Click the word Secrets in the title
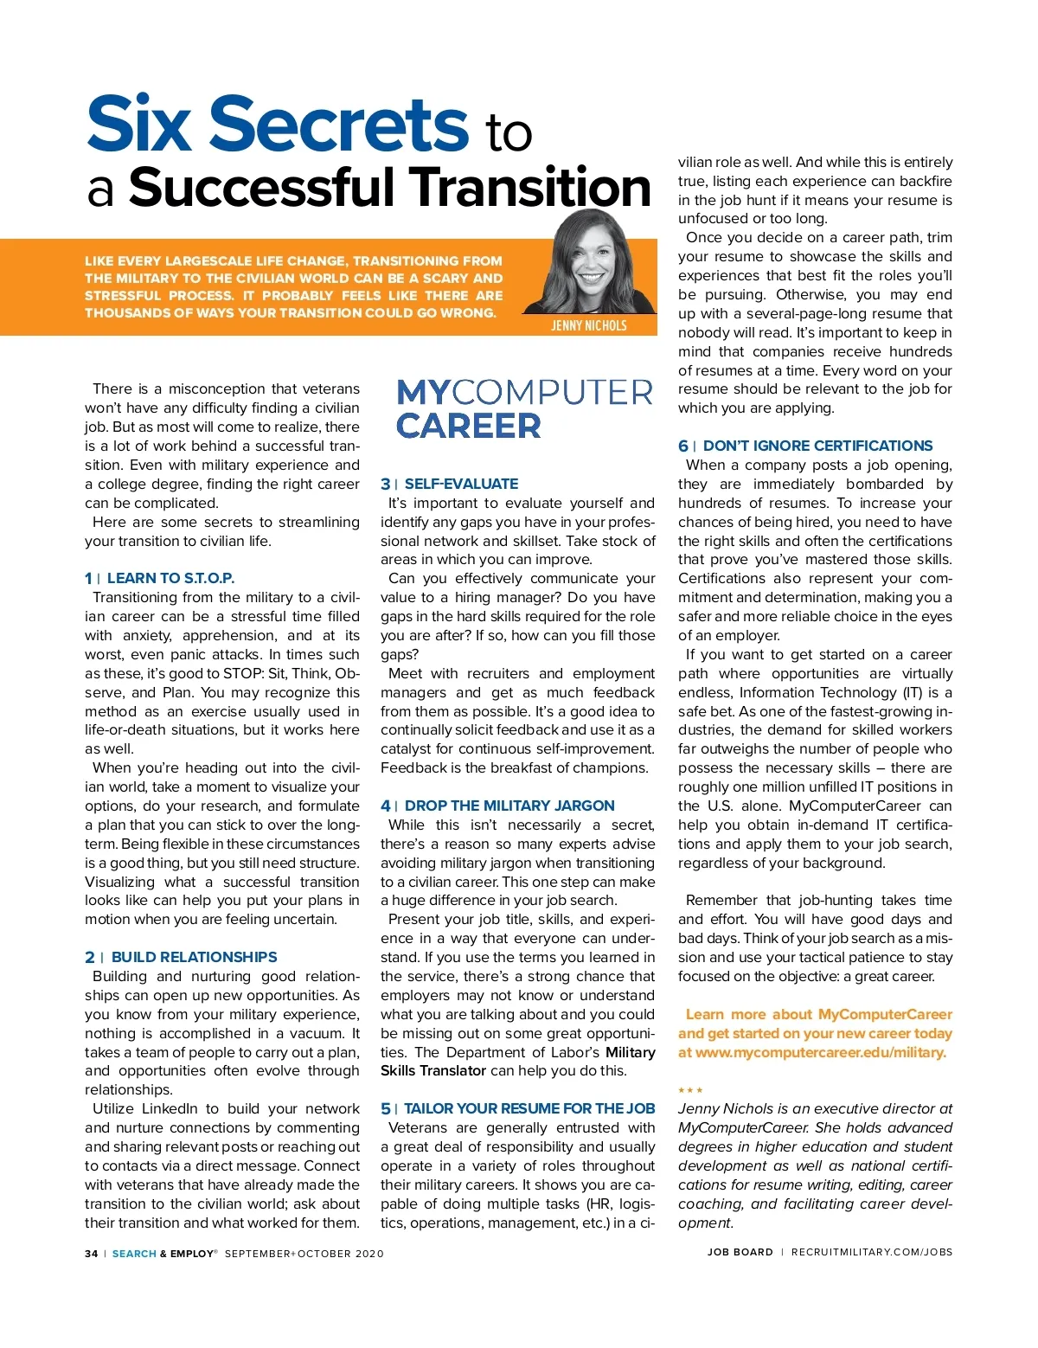[x=338, y=125]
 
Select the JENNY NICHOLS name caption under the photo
[x=589, y=325]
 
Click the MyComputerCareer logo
[x=524, y=408]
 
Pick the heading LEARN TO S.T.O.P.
[x=170, y=578]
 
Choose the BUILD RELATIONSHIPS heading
[x=194, y=957]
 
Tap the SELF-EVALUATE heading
[x=461, y=484]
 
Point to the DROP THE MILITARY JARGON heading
[x=509, y=806]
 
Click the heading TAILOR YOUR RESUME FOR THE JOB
[x=529, y=1108]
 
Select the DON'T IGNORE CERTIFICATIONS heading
[x=817, y=446]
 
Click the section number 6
[x=683, y=446]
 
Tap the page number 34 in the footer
[x=92, y=1254]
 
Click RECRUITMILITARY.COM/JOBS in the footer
[x=871, y=1252]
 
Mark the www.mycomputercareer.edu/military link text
[x=820, y=1052]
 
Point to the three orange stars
[x=690, y=1090]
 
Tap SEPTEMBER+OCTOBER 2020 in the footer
[x=304, y=1254]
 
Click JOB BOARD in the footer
[x=740, y=1252]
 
